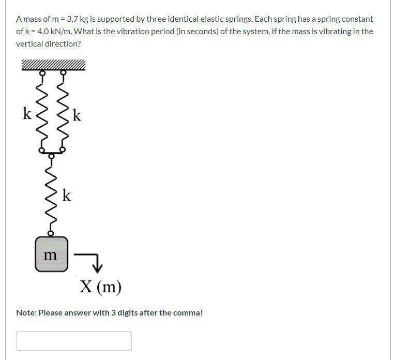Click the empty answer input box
pos(73,341)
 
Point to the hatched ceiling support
pos(53,65)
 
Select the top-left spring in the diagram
pos(43,111)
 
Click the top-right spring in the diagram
pos(63,111)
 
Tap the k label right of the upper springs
pos(77,115)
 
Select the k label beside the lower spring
pos(67,196)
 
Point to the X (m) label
pos(100,286)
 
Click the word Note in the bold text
pos(26,313)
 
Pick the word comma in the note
pos(187,313)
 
